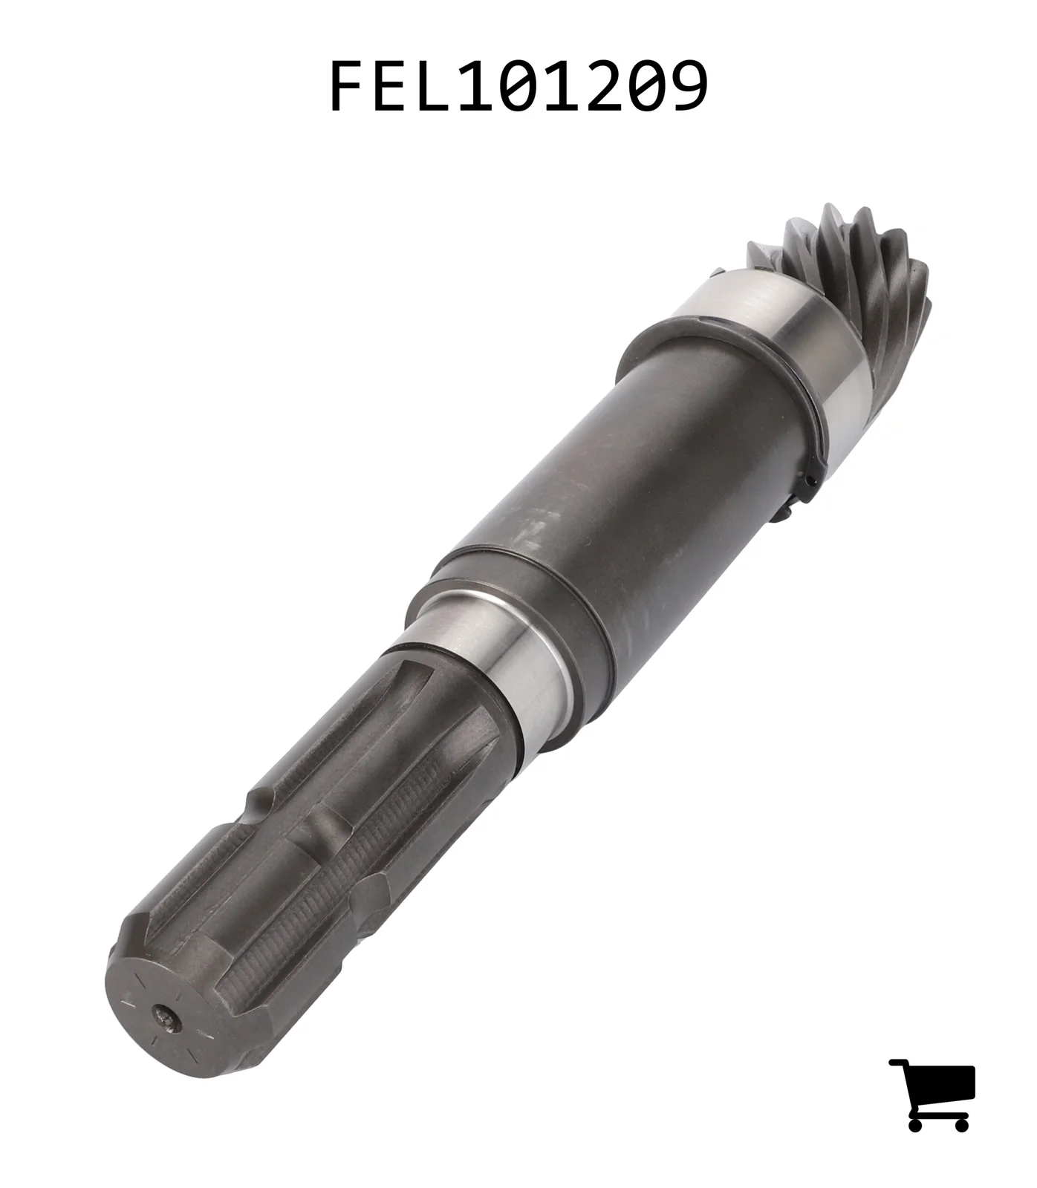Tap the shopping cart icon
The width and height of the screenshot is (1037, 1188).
click(932, 1094)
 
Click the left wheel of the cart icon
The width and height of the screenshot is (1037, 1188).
click(915, 1123)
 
